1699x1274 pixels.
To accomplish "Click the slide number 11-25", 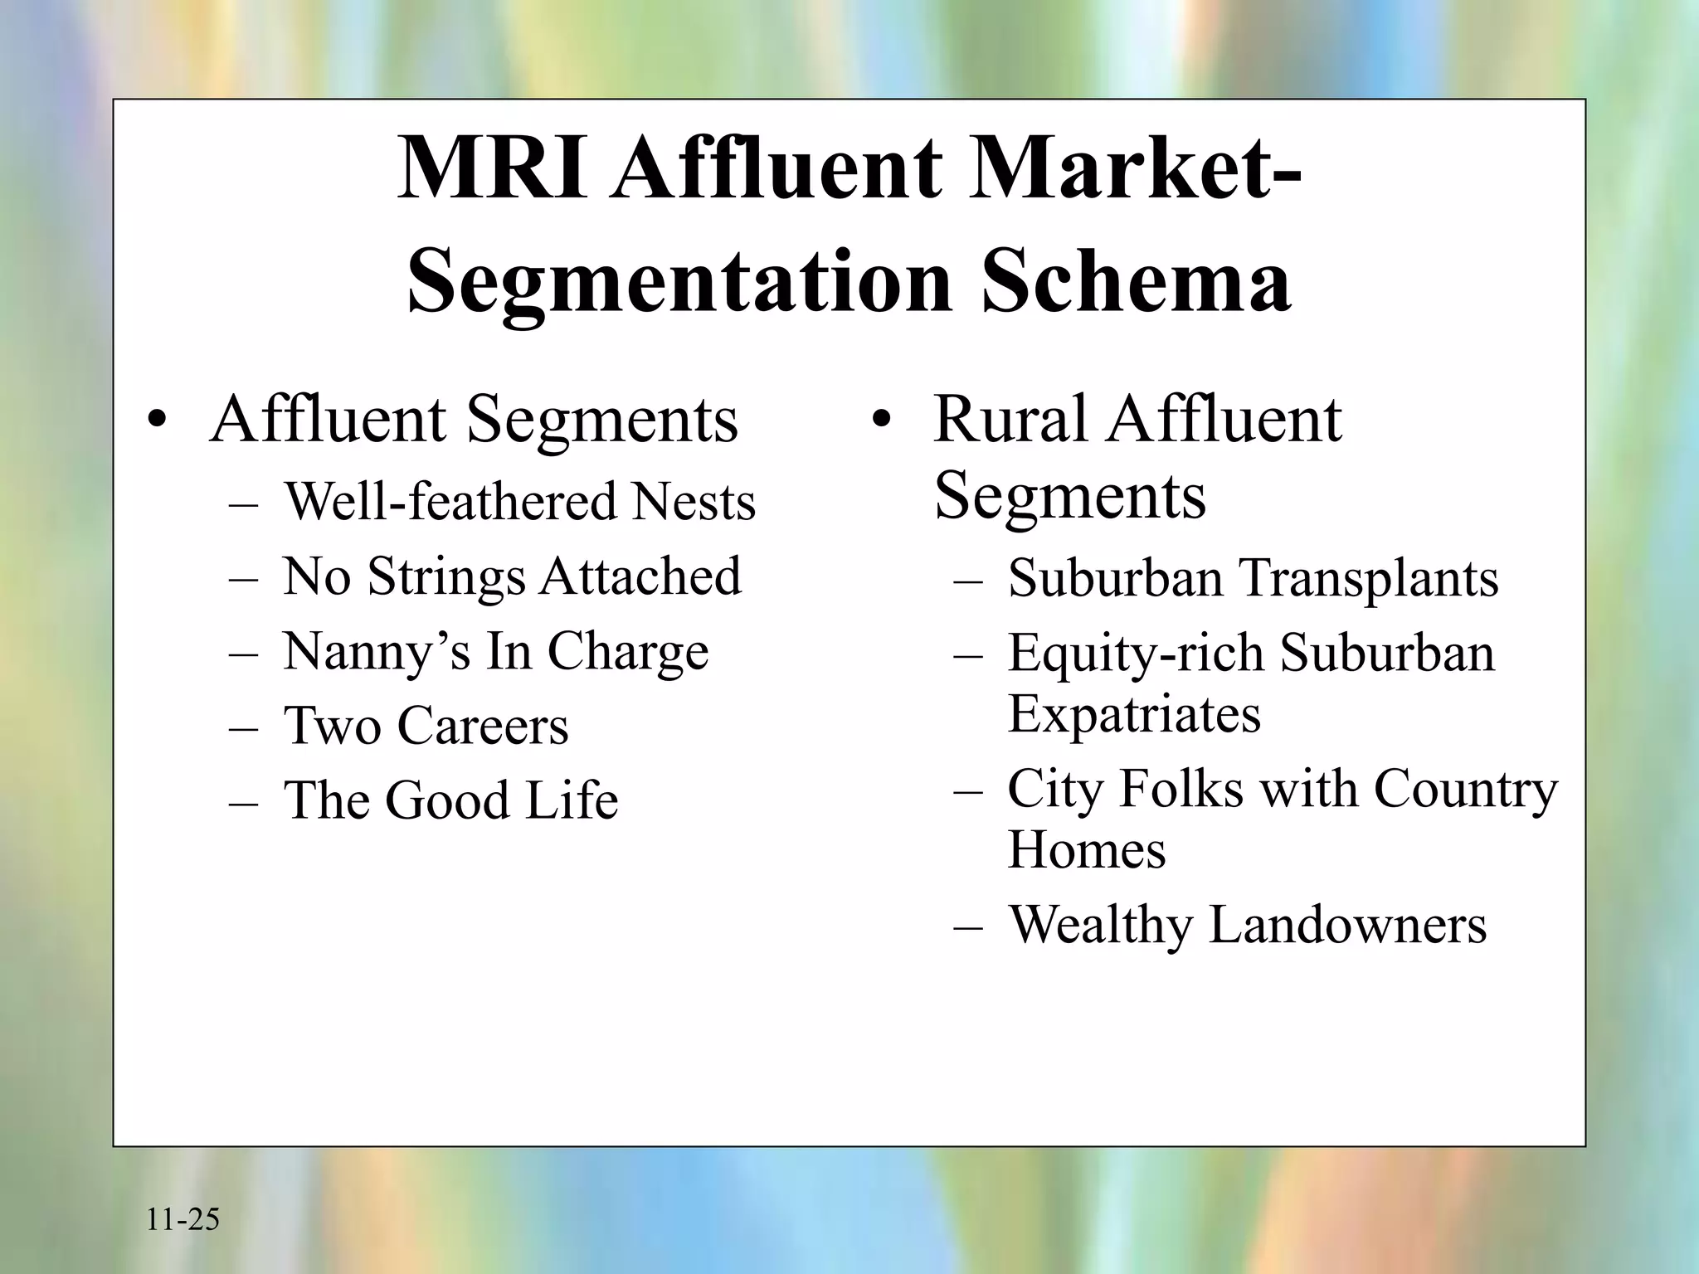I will [183, 1220].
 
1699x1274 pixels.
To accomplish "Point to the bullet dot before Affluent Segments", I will [157, 421].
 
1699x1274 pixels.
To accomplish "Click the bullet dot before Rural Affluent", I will [881, 421].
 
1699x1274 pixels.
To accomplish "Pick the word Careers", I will [484, 726].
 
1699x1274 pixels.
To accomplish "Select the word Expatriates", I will [1134, 713].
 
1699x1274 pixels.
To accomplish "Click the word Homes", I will [1087, 850].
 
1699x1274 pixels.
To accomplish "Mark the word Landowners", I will [1347, 925].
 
